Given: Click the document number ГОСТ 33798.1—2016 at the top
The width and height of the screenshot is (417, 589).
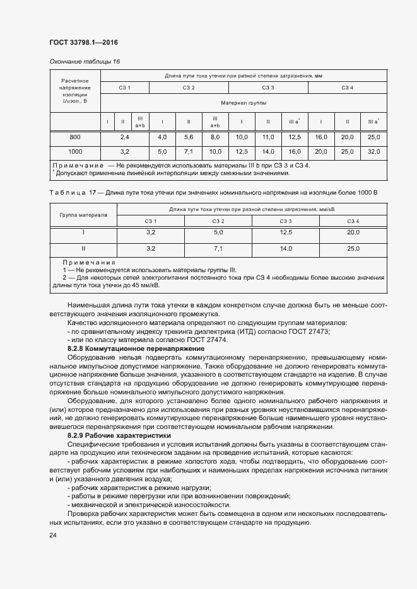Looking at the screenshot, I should tap(83, 43).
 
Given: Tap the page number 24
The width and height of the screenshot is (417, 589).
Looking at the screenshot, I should tap(52, 535).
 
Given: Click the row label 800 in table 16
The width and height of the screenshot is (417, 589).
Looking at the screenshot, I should tap(75, 137).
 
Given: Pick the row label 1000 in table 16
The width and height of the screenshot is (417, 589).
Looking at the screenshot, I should tap(75, 152).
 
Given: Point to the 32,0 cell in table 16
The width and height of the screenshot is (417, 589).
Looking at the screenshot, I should tap(373, 152).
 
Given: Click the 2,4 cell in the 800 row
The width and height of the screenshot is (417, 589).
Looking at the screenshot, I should tap(124, 137).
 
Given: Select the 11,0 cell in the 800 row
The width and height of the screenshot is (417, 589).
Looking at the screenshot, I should tap(267, 137).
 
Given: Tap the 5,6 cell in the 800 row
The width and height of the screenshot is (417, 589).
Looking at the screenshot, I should tap(188, 137).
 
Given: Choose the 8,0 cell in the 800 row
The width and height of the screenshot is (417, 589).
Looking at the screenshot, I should tap(214, 137).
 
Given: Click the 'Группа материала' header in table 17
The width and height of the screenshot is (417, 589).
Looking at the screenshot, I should tap(83, 215).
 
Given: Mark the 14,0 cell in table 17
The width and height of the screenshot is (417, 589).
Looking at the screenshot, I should tap(286, 249).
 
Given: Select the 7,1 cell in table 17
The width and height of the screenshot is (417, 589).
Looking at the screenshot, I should tap(219, 249).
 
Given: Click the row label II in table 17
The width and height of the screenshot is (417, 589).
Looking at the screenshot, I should tap(83, 249).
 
